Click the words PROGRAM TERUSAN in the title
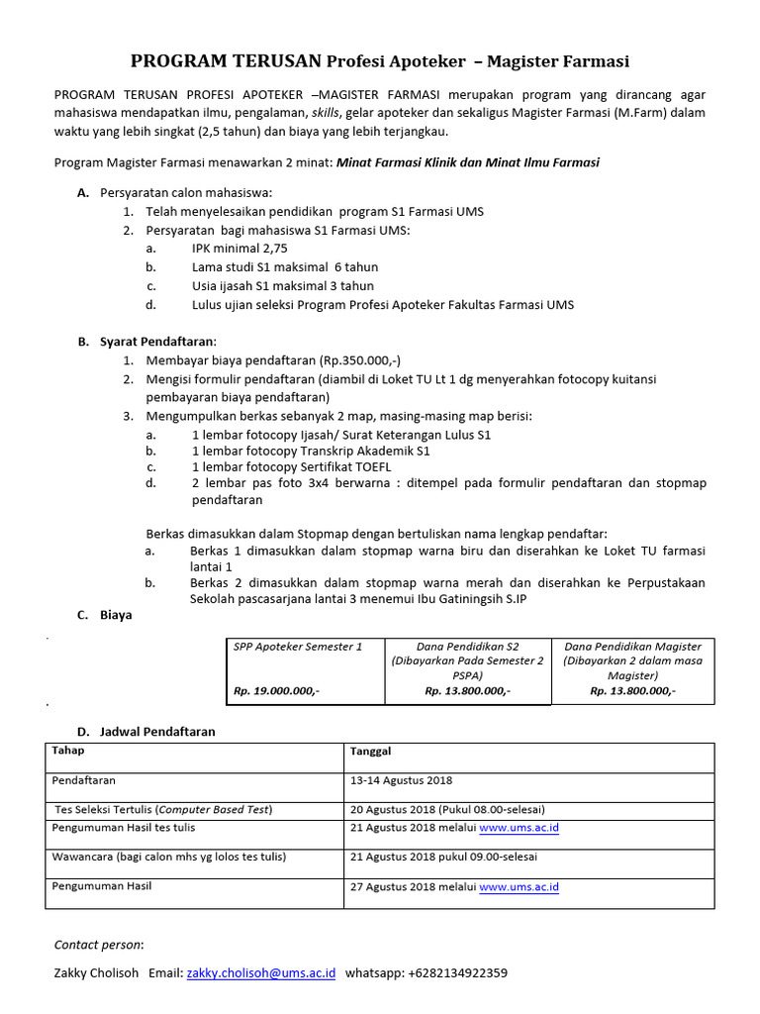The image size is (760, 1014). tap(226, 61)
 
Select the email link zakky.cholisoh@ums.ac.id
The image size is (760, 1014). tap(261, 973)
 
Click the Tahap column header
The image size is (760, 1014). tap(67, 752)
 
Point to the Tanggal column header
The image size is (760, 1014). tap(371, 752)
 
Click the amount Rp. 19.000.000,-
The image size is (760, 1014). tap(276, 691)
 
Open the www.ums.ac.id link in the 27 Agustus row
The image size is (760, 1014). tap(519, 887)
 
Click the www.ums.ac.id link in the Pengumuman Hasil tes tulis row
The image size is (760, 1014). tap(519, 828)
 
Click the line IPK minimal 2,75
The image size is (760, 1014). tap(239, 249)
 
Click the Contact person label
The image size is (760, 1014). tap(98, 945)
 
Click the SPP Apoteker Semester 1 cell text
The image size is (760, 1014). tap(298, 647)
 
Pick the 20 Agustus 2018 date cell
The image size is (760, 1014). tap(447, 809)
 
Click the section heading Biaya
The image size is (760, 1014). tap(116, 615)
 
